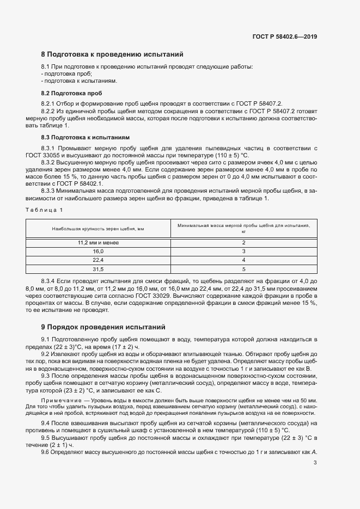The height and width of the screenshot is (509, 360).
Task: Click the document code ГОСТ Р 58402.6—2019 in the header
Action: click(285, 36)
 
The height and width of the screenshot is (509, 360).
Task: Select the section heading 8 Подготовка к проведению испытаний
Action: click(112, 54)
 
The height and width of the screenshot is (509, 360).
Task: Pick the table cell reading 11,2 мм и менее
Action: click(98, 242)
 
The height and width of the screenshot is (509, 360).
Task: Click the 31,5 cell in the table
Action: click(98, 269)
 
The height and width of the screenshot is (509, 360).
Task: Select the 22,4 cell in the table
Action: click(98, 260)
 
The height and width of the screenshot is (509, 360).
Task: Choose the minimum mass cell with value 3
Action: click(243, 252)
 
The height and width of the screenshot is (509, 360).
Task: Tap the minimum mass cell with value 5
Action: click(243, 269)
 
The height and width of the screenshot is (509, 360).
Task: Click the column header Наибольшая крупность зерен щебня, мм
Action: click(98, 229)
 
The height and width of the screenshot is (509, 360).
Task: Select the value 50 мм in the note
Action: click(307, 400)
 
